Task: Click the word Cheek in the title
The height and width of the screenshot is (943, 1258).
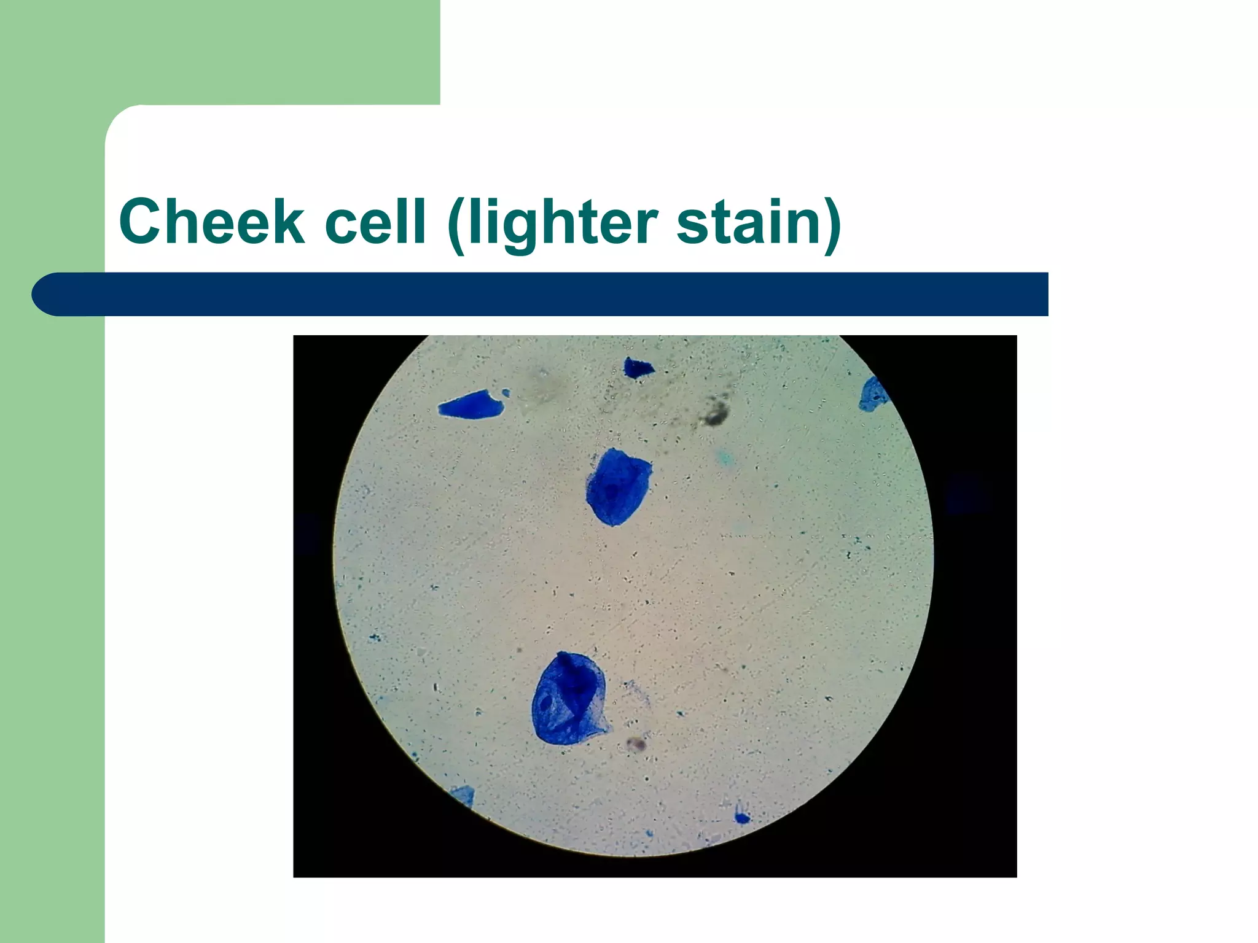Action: click(x=211, y=222)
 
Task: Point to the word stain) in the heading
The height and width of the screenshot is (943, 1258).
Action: click(x=759, y=223)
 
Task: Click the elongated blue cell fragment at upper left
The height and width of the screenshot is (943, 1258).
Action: click(x=471, y=406)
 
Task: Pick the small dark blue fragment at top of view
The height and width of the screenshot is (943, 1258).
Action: click(x=638, y=368)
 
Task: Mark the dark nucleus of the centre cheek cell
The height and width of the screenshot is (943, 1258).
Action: click(x=613, y=491)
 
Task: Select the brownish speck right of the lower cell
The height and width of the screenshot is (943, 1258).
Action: click(x=637, y=745)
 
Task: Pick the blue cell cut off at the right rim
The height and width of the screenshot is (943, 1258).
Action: click(x=872, y=395)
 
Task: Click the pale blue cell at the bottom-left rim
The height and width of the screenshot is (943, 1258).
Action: click(x=463, y=796)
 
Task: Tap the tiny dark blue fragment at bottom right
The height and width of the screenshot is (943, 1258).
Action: click(x=741, y=817)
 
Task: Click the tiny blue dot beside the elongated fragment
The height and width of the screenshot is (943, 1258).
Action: click(x=506, y=392)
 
